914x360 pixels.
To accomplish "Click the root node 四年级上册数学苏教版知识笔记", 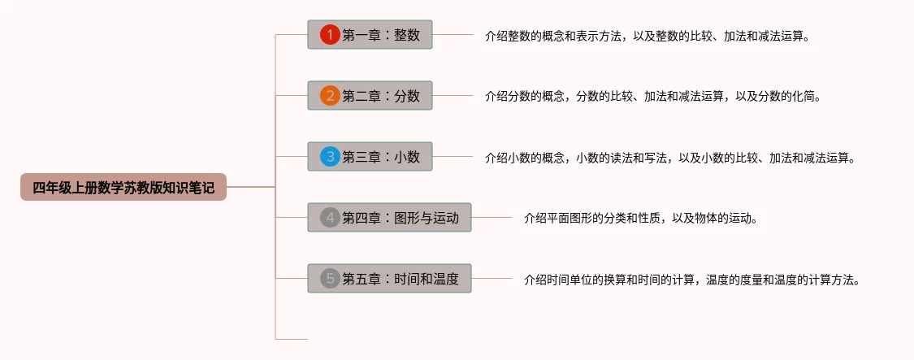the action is click(x=123, y=187).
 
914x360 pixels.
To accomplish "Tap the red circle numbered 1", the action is click(x=330, y=34).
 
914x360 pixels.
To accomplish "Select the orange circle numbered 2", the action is click(x=330, y=95).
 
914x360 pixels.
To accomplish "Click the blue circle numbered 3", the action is click(x=330, y=156).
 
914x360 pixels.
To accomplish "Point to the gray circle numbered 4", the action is click(x=330, y=218).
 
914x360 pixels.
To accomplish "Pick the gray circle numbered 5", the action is click(x=330, y=278).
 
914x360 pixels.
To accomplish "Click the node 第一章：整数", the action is click(x=370, y=34).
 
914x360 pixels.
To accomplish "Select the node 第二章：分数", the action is click(x=370, y=95).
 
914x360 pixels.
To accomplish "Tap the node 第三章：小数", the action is click(x=370, y=156).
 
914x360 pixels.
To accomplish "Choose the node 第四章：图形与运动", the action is click(x=389, y=218).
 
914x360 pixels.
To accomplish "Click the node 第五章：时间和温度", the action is click(x=389, y=278).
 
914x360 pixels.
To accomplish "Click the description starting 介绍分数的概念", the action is click(x=653, y=97).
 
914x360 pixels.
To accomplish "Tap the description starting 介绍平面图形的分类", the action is click(x=641, y=219).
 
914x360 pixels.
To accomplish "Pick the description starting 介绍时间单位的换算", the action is click(x=692, y=280).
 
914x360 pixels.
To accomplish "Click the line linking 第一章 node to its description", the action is click(x=453, y=34).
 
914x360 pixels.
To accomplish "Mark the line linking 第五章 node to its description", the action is click(x=492, y=278).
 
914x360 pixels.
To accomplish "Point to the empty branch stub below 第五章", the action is click(x=292, y=339).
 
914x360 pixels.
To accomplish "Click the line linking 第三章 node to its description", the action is click(x=453, y=156).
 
